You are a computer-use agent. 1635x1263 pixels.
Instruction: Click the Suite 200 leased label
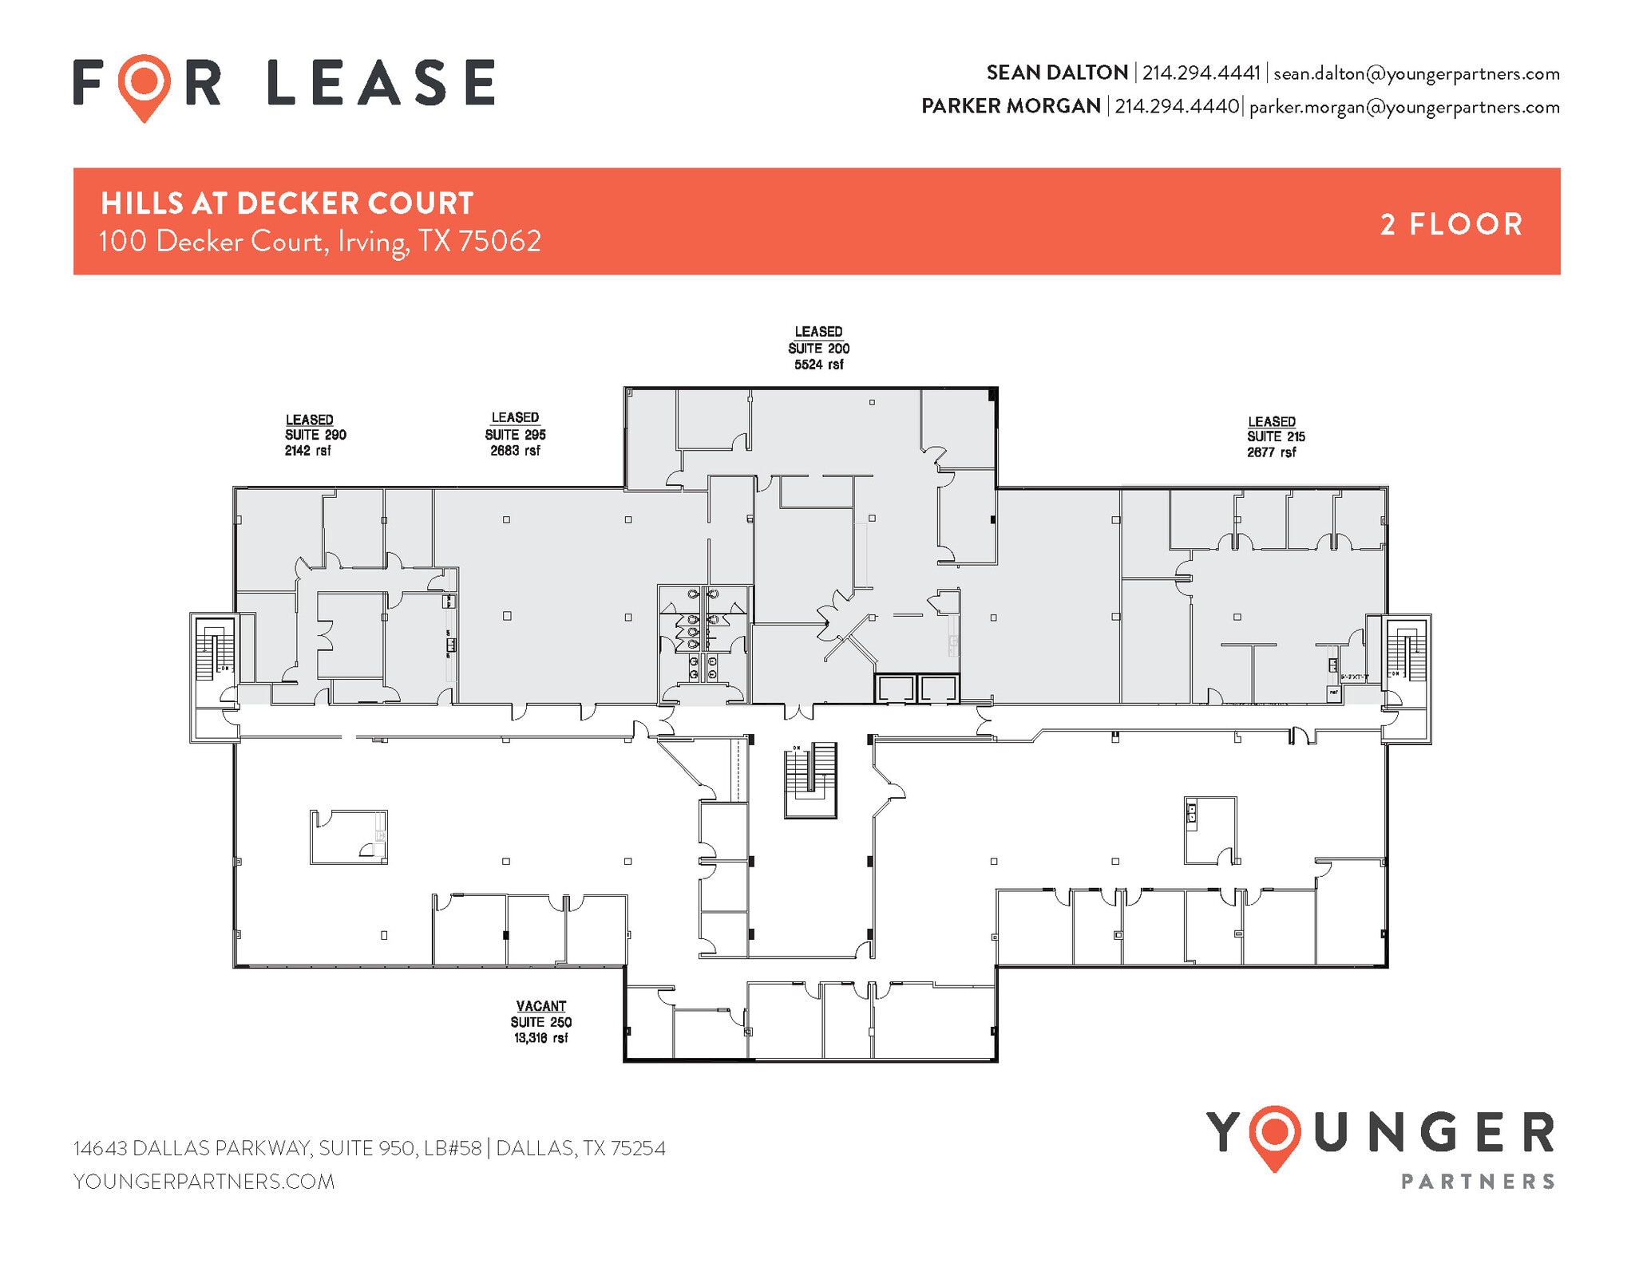click(x=818, y=348)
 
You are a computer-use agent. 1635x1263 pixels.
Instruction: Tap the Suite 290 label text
click(x=315, y=435)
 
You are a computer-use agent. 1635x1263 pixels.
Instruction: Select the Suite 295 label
click(x=515, y=434)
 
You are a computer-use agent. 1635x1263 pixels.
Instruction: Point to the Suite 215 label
click(x=1275, y=436)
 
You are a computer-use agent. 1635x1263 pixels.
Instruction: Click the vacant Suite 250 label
click(x=540, y=1022)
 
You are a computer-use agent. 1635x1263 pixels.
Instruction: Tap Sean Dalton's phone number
click(x=1201, y=73)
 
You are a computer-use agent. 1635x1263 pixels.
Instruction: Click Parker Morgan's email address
click(x=1403, y=107)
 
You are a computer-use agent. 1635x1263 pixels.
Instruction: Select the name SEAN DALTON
click(x=1057, y=73)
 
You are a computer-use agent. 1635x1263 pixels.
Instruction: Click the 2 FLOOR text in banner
click(x=1451, y=224)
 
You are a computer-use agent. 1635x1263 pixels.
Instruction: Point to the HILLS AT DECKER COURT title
click(x=287, y=203)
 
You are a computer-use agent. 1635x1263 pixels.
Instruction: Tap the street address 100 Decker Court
click(x=319, y=241)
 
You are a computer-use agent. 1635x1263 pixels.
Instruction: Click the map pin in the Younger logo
click(x=1275, y=1136)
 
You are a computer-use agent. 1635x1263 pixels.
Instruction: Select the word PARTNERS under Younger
click(x=1478, y=1182)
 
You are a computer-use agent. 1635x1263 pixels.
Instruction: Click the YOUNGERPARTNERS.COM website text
click(x=204, y=1182)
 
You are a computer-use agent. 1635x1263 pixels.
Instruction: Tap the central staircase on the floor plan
click(x=810, y=779)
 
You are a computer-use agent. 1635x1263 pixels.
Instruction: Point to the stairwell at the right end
click(x=1407, y=648)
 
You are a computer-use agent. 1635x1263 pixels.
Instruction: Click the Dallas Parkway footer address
click(x=369, y=1148)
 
